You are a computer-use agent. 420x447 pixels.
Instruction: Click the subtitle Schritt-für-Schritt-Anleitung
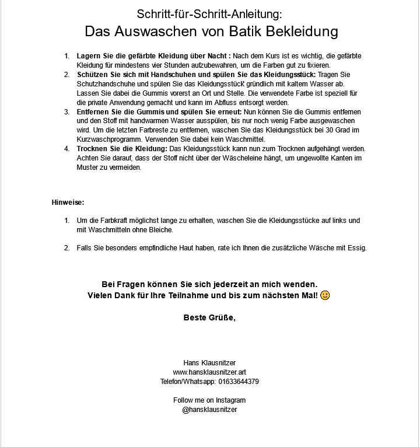209,13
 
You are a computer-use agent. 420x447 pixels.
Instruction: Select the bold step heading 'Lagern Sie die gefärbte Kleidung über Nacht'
153,55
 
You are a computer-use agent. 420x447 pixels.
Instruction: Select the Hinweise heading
68,202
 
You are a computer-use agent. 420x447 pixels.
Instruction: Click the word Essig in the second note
356,248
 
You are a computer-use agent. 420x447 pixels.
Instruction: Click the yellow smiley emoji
325,295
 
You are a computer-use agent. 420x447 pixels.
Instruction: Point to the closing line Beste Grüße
209,318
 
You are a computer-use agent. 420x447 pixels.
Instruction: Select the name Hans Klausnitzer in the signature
209,363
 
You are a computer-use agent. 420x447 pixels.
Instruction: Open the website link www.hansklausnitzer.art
209,372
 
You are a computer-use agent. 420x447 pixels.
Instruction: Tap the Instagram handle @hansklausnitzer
209,410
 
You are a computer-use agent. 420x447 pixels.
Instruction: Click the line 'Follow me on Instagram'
209,400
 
